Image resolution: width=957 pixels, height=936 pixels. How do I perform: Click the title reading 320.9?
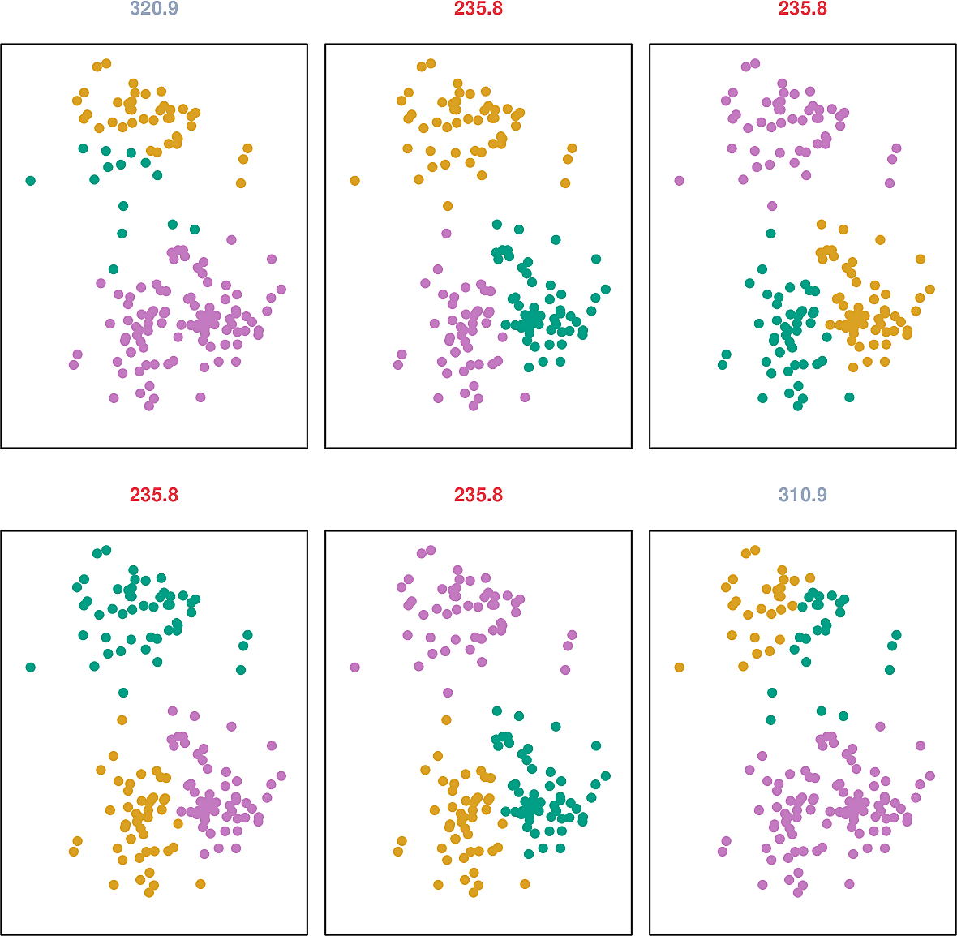click(x=154, y=9)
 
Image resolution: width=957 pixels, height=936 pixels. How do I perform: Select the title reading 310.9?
click(x=803, y=495)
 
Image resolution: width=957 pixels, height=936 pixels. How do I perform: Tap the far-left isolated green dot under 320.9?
click(x=31, y=180)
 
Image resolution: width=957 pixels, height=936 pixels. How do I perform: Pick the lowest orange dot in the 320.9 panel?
click(x=241, y=183)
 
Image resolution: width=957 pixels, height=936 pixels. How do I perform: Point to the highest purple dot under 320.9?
click(x=231, y=239)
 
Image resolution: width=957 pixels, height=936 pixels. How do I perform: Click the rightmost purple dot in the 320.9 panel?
click(x=281, y=289)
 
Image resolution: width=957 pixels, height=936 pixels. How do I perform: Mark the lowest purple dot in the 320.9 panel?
click(x=149, y=406)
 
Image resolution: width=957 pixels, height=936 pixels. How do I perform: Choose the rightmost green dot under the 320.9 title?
click(x=195, y=230)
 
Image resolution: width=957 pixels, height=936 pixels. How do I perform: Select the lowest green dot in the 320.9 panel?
click(x=114, y=269)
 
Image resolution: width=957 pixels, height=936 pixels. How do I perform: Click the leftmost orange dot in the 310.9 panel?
click(x=680, y=667)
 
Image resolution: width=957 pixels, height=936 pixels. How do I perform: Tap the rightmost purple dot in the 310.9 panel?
click(x=930, y=775)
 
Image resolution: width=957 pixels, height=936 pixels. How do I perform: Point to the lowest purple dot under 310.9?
click(x=798, y=892)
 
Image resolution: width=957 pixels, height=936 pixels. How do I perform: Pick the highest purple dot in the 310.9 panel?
click(x=880, y=727)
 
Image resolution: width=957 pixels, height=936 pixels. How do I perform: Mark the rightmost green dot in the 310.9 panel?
click(x=897, y=635)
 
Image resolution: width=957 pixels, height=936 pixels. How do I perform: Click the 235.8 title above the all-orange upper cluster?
click(x=478, y=9)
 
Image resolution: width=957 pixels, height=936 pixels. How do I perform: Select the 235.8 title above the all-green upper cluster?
click(x=154, y=495)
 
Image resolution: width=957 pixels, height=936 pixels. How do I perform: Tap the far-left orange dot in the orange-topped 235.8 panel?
click(x=355, y=180)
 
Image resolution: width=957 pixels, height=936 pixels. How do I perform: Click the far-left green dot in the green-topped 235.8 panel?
click(x=31, y=667)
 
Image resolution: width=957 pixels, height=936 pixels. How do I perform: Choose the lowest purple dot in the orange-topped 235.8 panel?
click(x=474, y=406)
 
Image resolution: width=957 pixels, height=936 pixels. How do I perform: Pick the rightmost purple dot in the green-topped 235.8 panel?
click(x=281, y=775)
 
